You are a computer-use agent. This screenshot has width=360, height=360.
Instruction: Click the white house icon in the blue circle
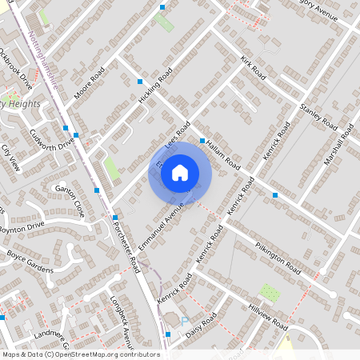179,172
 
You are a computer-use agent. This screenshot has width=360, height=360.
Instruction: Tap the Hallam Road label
223,152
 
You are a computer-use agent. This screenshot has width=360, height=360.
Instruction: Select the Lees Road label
177,133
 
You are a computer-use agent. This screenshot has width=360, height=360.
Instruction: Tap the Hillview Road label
267,317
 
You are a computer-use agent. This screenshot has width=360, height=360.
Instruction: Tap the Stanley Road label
318,115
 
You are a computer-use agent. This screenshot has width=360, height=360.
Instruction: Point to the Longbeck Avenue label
122,315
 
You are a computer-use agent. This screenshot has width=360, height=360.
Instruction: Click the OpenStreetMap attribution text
81,354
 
